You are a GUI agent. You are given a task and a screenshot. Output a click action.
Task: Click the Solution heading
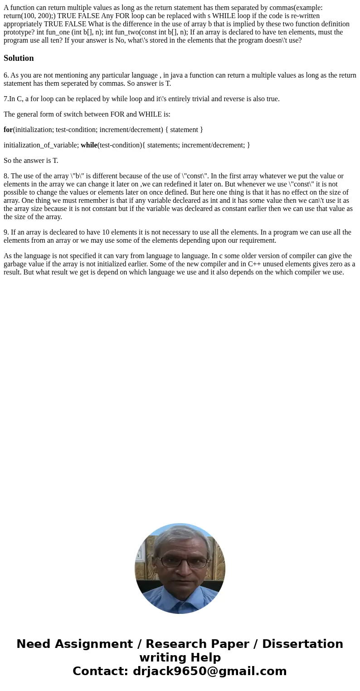coord(19,58)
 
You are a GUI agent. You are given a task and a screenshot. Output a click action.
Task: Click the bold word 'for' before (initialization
coord(8,130)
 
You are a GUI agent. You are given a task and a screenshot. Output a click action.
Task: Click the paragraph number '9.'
coord(6,232)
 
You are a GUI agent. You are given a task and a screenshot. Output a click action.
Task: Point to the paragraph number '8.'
coord(6,176)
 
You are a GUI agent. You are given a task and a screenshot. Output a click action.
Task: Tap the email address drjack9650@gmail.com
coord(209,671)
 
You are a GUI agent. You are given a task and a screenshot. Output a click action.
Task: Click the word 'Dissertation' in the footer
coord(302,644)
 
